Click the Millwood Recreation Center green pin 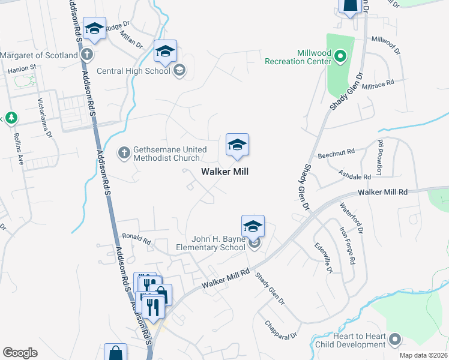340,58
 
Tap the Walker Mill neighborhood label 224,172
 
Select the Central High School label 133,71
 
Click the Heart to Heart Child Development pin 394,340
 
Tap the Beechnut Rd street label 337,152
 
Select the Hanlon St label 22,70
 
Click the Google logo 20,353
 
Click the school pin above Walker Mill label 237,146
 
